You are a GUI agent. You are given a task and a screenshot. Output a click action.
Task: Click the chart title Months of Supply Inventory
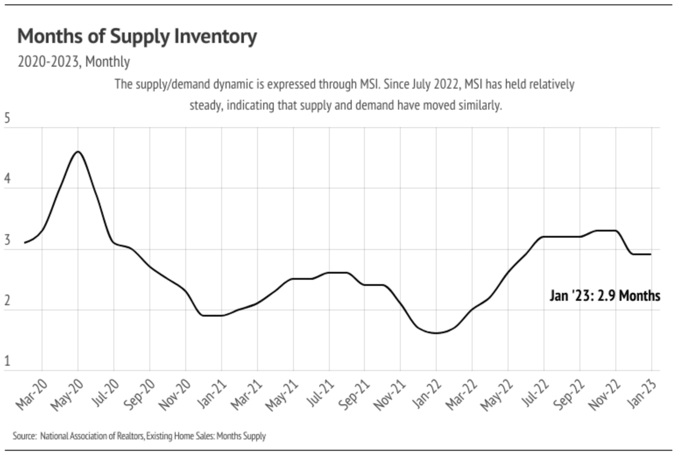137,36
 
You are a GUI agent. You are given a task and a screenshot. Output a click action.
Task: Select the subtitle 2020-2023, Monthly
74,62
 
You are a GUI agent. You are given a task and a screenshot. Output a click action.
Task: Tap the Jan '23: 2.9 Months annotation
604,296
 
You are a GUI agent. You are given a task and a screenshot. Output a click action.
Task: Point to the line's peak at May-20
78,152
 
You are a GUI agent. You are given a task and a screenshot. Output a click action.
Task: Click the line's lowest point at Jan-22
436,333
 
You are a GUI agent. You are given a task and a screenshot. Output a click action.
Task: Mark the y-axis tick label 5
7,118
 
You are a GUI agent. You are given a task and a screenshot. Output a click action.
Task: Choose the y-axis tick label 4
7,179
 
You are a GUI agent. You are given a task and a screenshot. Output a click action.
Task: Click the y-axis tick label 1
7,361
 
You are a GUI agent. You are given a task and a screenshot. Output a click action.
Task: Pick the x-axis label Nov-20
176,395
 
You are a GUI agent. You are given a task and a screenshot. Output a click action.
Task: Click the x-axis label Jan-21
213,393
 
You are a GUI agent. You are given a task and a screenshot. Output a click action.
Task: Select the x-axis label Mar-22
463,394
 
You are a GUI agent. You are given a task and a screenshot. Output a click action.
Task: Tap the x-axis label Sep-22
570,394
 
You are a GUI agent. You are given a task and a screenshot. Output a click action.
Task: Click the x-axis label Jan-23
643,393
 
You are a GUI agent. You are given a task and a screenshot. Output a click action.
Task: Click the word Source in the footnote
24,436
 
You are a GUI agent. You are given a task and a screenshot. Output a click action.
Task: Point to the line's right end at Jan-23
650,254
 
